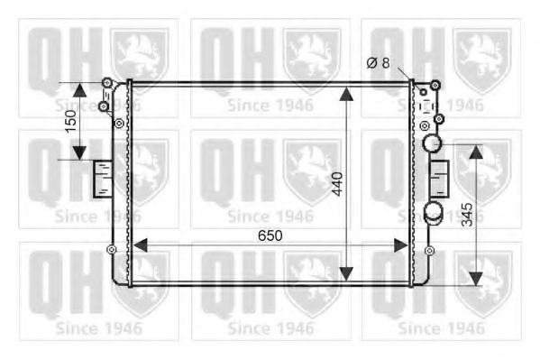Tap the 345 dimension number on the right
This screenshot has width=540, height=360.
click(x=466, y=214)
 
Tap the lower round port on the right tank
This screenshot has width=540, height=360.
click(x=434, y=213)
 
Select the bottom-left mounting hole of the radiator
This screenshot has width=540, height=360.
click(x=112, y=250)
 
